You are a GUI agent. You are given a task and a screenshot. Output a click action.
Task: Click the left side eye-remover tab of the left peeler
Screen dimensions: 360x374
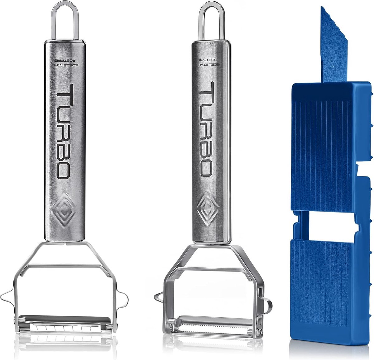[x=8, y=295]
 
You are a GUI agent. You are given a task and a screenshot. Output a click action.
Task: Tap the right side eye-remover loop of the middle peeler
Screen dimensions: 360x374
[x=267, y=304]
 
